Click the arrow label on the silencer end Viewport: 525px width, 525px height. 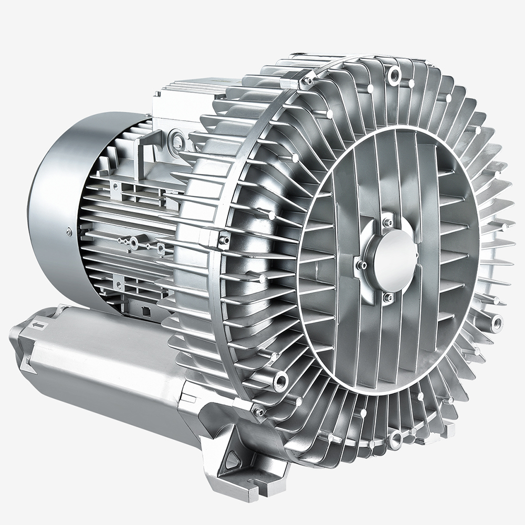tap(37, 326)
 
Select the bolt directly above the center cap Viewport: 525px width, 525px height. tap(388, 222)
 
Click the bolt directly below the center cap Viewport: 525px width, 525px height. tap(388, 297)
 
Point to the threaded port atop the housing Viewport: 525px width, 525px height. tap(394, 78)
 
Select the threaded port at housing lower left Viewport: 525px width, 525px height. tap(282, 377)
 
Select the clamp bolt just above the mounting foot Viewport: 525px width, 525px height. tap(258, 412)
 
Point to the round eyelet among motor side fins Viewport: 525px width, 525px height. tap(134, 243)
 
